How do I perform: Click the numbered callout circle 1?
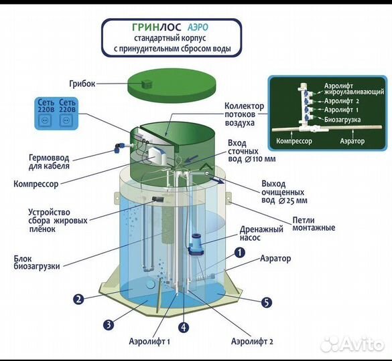coord(239,253)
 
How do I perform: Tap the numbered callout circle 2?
coord(78,299)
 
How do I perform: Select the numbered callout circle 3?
coord(109,325)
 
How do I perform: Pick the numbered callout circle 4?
coord(184,328)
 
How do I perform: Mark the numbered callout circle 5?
coord(267,302)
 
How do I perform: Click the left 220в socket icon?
coord(46,120)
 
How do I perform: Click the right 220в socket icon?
coord(66,120)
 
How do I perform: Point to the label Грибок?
coord(82,84)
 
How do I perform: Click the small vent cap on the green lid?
coord(146,84)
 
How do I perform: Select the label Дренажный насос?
coord(261,233)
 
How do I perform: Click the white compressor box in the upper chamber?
coord(157,155)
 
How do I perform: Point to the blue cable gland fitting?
coord(119,148)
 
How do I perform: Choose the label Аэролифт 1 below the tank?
coord(149,341)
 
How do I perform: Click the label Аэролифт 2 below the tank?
coord(252,341)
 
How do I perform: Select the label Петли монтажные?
coord(314,224)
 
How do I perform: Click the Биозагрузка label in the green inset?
coord(342,120)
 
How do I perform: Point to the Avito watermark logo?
coord(352,344)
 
